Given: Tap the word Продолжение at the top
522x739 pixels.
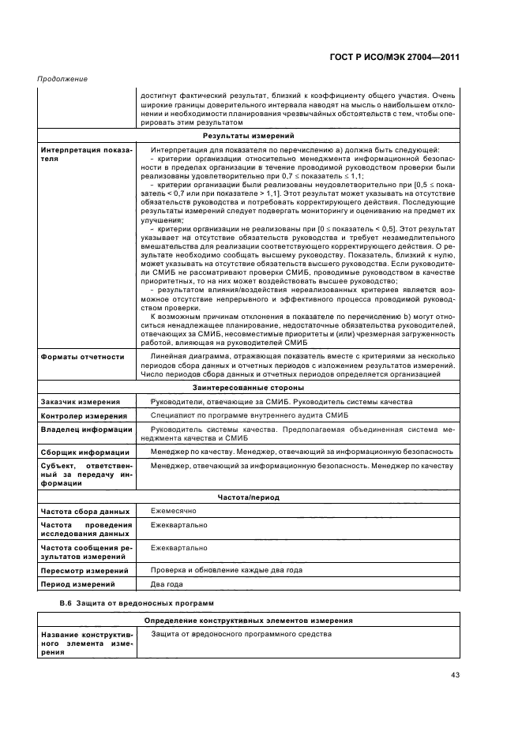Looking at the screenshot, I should click(62, 79).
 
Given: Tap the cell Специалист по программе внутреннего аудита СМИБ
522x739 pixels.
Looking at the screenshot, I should click(250, 415).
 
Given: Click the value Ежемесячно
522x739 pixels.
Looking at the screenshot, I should click(174, 512).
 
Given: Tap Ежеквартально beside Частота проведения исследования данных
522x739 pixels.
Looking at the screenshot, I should click(178, 525).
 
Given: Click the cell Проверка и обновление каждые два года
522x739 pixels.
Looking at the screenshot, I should click(226, 570).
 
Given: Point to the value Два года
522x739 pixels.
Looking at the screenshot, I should click(167, 584).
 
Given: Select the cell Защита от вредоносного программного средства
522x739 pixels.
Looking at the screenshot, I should click(241, 634).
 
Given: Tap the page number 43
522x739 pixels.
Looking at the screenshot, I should click(455, 674).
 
